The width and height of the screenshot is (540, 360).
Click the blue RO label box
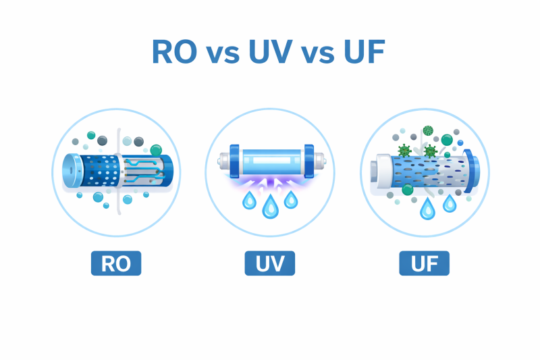[x=116, y=263]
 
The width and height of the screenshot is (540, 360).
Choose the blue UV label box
[x=270, y=263]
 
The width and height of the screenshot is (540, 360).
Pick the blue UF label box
[x=424, y=263]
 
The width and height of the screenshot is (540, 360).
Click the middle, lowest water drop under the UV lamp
[x=271, y=207]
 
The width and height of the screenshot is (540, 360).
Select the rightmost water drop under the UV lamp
[x=291, y=199]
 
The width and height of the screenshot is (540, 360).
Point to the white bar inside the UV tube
[x=271, y=161]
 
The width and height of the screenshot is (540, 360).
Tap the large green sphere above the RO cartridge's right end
[x=156, y=150]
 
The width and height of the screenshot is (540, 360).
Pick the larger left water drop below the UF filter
[x=427, y=209]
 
